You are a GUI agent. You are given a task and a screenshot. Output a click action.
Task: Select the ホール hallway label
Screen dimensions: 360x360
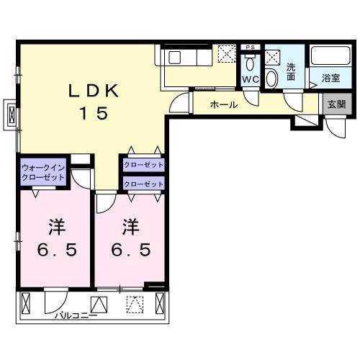223,105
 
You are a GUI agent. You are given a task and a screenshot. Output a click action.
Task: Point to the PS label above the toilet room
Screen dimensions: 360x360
250,48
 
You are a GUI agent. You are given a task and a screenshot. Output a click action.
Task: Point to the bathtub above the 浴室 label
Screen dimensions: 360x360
330,56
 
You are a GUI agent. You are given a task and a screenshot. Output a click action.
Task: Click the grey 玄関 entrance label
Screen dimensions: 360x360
336,104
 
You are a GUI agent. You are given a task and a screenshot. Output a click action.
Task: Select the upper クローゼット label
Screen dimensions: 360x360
143,165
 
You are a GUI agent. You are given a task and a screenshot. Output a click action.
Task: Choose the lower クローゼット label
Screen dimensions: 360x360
143,185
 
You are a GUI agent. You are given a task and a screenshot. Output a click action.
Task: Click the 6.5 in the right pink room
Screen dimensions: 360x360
130,251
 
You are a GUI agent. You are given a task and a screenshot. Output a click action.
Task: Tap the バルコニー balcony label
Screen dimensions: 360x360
76,314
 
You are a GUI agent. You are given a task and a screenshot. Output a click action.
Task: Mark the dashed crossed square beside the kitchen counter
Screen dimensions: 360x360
227,53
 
